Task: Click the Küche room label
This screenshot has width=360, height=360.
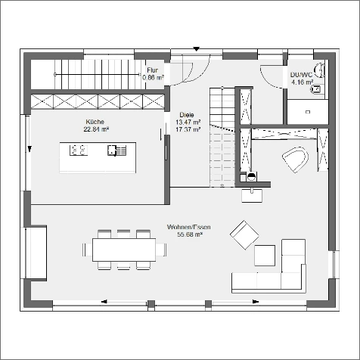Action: (95, 122)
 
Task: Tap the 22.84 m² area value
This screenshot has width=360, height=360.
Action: (96, 129)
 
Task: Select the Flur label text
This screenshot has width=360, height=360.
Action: (153, 70)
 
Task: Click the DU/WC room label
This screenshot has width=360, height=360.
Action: (301, 75)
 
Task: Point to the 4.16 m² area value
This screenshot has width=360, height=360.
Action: (303, 82)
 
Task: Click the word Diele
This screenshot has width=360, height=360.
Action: (187, 115)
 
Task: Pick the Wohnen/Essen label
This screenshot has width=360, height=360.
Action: (189, 227)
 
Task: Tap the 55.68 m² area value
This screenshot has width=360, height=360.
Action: (190, 234)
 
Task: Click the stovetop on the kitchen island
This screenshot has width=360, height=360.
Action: (79, 150)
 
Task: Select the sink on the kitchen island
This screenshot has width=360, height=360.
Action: (116, 151)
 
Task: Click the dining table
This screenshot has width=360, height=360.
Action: (124, 250)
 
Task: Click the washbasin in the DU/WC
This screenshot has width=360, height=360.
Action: (320, 70)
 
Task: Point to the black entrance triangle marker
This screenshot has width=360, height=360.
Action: (196, 49)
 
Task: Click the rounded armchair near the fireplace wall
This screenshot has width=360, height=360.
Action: (296, 160)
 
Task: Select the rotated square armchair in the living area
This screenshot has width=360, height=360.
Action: (244, 235)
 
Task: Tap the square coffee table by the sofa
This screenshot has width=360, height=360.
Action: (265, 256)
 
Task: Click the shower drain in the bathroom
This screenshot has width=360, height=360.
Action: (308, 112)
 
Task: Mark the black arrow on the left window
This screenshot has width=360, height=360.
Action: (29, 149)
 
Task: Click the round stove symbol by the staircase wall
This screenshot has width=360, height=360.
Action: (251, 176)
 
